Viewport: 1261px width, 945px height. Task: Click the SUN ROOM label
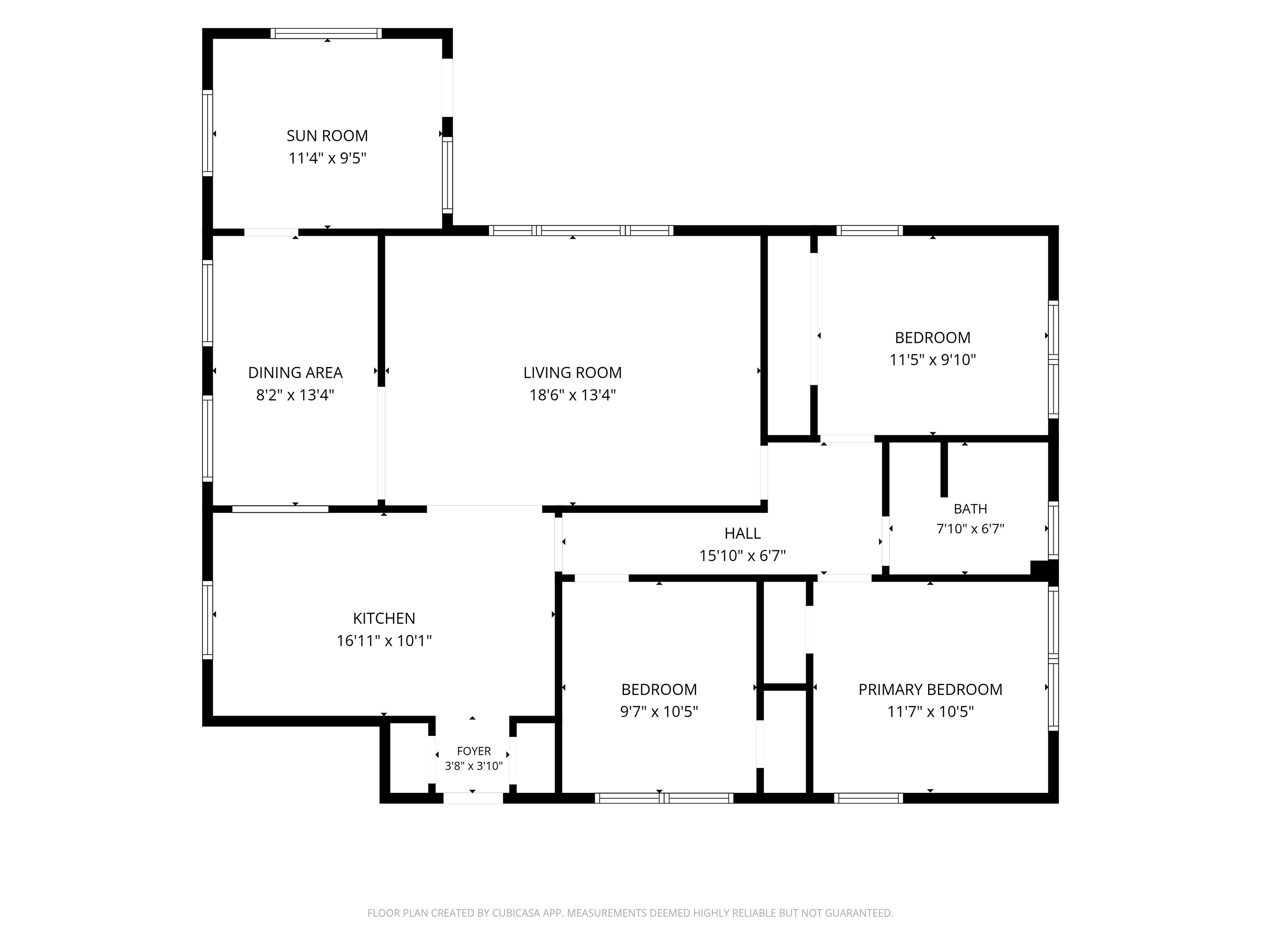pos(327,136)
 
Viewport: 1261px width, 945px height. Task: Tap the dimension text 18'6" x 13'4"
pos(572,395)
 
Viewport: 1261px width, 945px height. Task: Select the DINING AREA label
pos(295,372)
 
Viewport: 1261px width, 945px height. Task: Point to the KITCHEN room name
pos(384,618)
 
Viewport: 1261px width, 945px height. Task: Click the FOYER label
pos(474,751)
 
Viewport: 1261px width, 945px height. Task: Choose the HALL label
pos(742,533)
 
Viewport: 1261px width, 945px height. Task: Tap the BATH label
pos(970,509)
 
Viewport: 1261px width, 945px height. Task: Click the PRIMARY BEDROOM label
pos(931,689)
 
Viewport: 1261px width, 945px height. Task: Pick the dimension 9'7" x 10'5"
pos(659,712)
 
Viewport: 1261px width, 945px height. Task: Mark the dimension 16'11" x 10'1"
pos(384,641)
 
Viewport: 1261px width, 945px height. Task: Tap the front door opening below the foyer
pos(473,798)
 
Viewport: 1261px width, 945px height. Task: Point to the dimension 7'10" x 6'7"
pos(970,529)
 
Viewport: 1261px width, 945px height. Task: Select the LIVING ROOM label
pos(572,372)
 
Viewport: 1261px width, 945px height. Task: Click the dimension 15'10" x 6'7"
pos(742,555)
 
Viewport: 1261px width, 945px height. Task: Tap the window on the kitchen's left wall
pos(208,620)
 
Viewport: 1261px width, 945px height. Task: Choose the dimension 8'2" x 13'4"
pos(295,395)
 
